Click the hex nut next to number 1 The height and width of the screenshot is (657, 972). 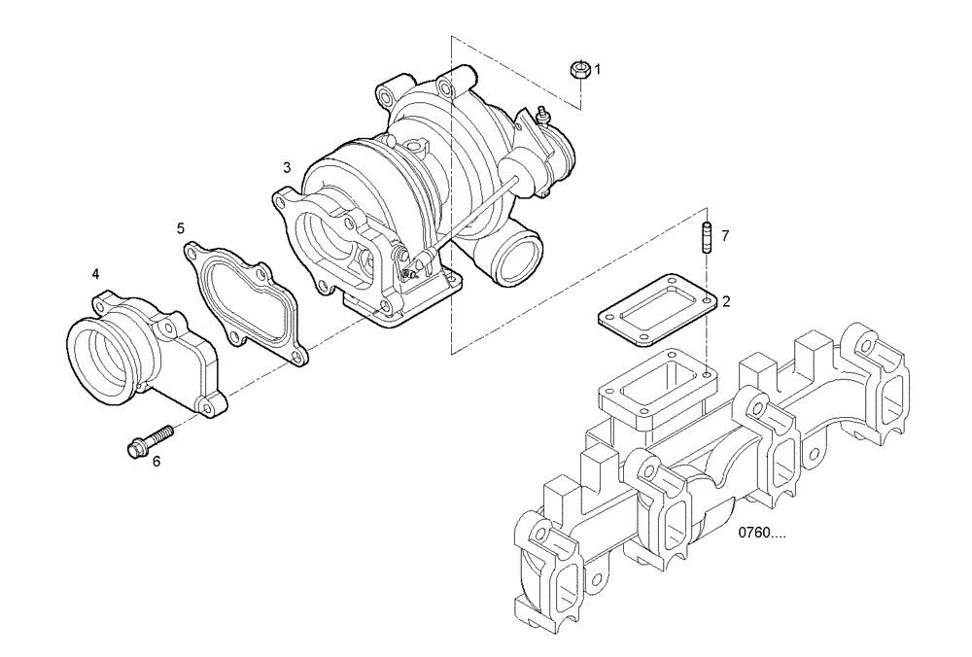point(577,69)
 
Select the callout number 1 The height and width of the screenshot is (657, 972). point(598,69)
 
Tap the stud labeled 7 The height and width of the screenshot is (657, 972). point(702,236)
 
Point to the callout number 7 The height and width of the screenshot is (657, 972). point(724,236)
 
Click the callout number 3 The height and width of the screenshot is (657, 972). point(287,168)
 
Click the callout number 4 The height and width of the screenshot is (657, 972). point(95,275)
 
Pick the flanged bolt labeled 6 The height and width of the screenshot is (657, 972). point(149,438)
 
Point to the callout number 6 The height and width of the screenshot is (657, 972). point(156,461)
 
